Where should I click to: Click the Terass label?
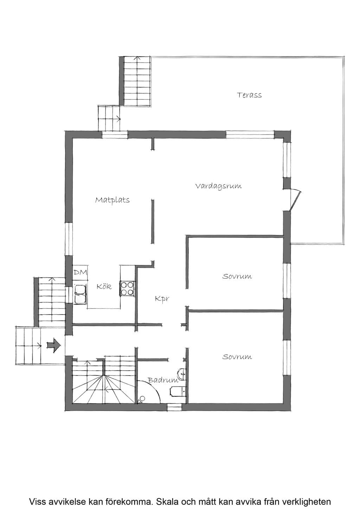pyautogui.click(x=249, y=95)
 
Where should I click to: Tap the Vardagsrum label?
pyautogui.click(x=219, y=186)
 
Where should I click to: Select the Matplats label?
pyautogui.click(x=112, y=200)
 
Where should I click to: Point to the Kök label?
pyautogui.click(x=104, y=286)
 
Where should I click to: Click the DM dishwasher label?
pyautogui.click(x=81, y=272)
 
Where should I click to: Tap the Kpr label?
pyautogui.click(x=162, y=299)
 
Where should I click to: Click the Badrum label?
pyautogui.click(x=163, y=380)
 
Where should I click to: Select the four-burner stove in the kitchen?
pyautogui.click(x=127, y=288)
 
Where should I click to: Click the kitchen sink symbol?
pyautogui.click(x=80, y=294)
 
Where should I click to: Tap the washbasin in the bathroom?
pyautogui.click(x=182, y=374)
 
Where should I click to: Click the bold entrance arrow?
pyautogui.click(x=54, y=345)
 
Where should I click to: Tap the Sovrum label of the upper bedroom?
pyautogui.click(x=237, y=276)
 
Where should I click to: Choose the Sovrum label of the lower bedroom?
pyautogui.click(x=237, y=357)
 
